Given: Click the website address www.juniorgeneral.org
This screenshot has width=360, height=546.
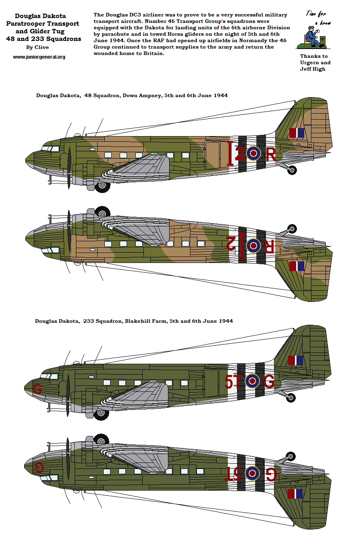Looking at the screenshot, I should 39,57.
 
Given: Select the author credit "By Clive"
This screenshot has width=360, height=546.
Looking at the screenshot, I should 37,47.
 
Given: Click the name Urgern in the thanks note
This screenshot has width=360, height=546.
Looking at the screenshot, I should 310,63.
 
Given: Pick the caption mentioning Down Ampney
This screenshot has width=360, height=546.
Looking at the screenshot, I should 132,96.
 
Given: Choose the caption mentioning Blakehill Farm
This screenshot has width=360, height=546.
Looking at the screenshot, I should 134,321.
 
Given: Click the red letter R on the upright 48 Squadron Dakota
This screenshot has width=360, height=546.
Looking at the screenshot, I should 271,155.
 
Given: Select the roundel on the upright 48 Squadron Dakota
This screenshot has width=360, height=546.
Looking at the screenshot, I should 254,153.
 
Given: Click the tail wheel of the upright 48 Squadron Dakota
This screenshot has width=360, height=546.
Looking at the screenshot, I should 292,170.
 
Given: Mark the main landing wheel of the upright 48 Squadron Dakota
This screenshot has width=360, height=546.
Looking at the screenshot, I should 103,186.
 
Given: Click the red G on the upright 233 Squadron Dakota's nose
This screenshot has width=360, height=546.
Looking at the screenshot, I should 38,389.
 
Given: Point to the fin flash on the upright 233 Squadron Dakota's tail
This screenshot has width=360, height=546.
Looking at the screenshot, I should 295,361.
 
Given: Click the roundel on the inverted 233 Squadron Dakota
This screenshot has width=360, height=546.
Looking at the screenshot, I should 252,473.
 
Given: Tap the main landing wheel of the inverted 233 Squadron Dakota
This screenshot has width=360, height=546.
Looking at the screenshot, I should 101,440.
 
